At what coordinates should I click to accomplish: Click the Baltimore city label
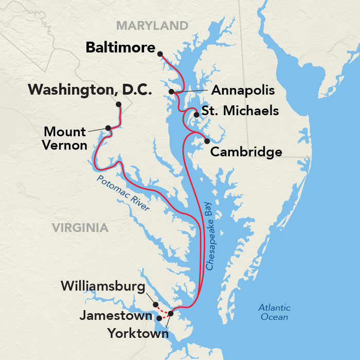pos(120,48)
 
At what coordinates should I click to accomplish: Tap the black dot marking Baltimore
pos(160,53)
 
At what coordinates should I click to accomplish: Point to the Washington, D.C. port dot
pos(119,104)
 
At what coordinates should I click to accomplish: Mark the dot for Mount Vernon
pos(108,128)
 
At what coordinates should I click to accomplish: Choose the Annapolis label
pos(243,91)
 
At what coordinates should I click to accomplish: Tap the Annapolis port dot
pos(171,92)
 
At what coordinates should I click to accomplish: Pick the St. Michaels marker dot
pos(196,115)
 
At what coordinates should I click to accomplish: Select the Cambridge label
pos(246,152)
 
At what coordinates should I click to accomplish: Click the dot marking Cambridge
pos(207,141)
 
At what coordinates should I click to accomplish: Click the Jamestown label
pos(116,316)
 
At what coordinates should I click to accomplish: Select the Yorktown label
pos(138,333)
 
